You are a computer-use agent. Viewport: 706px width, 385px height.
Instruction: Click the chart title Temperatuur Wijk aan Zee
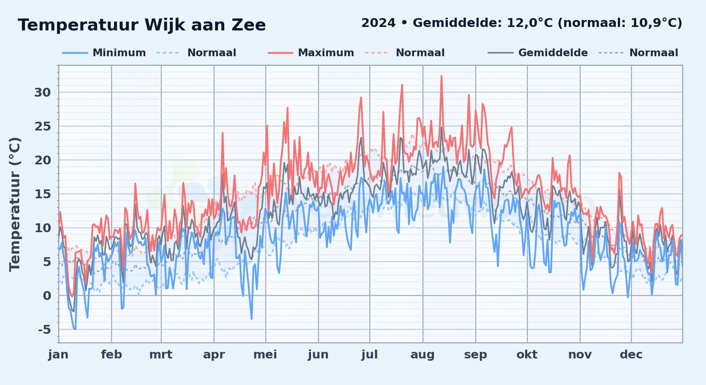click(142, 25)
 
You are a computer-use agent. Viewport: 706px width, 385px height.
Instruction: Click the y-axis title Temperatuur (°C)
click(15, 204)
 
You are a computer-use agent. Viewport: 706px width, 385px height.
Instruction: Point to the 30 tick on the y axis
click(42, 92)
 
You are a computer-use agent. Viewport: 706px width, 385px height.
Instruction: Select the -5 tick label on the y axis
click(44, 330)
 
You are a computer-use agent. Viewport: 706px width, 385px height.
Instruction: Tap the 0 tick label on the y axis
click(47, 296)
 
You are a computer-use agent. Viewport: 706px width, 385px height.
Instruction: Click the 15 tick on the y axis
click(42, 194)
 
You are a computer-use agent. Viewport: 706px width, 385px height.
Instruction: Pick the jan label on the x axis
click(59, 355)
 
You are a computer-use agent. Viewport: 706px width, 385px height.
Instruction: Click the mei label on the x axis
click(265, 355)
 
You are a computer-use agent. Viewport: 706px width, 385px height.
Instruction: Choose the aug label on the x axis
click(422, 355)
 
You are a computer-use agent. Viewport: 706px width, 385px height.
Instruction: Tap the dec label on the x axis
click(631, 355)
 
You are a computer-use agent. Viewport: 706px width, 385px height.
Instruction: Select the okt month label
click(527, 355)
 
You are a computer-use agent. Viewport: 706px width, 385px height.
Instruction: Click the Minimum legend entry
click(104, 53)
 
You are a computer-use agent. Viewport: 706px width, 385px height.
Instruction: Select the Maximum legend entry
click(311, 53)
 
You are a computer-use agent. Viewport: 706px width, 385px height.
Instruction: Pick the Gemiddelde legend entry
click(538, 53)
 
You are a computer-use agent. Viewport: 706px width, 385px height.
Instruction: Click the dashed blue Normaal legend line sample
click(168, 53)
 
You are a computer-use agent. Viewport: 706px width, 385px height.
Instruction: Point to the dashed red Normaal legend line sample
click(376, 53)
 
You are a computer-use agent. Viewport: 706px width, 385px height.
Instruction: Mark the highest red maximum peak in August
click(441, 76)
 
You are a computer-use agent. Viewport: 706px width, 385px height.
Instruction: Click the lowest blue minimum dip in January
click(75, 329)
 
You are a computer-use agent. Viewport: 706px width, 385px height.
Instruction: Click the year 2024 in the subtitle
click(378, 23)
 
